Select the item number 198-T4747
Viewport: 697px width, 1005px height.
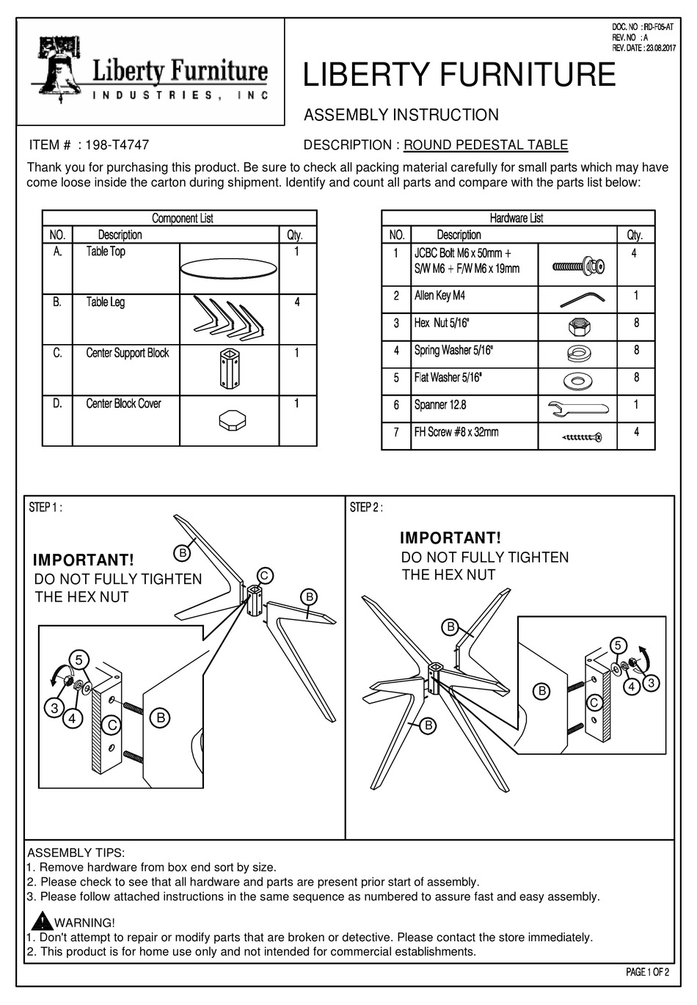117,145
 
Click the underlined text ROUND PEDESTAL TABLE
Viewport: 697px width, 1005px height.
486,145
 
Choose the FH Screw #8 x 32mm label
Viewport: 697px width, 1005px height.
456,432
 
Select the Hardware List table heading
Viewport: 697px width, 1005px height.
517,219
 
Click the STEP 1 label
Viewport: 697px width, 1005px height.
45,508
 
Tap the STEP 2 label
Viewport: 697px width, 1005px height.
366,508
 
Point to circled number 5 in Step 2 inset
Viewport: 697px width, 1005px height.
618,645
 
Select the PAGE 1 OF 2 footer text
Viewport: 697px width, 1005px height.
647,973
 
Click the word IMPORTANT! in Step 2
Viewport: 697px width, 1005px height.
450,539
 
